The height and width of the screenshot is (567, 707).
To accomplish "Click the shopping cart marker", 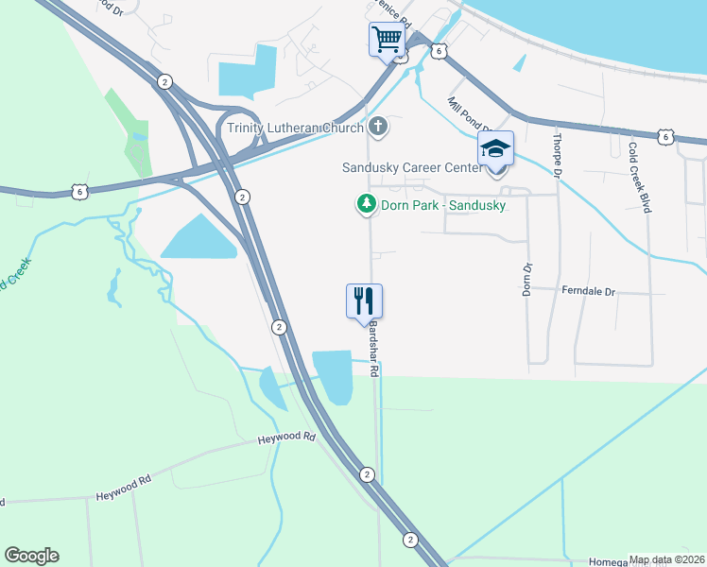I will pos(387,41).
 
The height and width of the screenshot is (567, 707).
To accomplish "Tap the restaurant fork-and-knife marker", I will pos(364,301).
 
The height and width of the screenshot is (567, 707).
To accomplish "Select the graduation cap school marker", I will pos(495,149).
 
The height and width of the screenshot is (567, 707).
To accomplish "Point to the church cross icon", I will pos(378,127).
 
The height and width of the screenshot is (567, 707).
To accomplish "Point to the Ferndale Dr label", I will pos(588,292).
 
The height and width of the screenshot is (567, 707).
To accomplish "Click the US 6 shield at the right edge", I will pos(667,137).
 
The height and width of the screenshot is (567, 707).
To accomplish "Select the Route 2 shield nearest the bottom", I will pos(410,540).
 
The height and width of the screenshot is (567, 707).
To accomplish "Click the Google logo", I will pos(31,556).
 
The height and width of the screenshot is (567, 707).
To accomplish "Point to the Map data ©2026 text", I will pos(665,559).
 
